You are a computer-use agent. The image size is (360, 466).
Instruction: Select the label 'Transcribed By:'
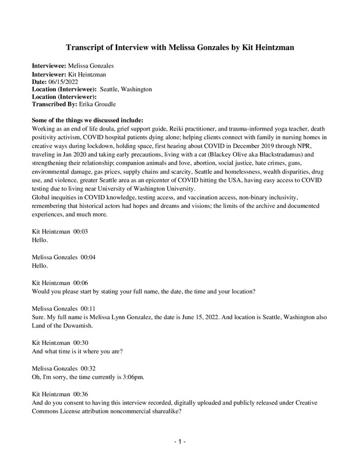pos(54,104)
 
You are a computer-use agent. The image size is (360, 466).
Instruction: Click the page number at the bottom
pos(179,442)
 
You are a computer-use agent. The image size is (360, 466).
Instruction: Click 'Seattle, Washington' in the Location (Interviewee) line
pos(126,89)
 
